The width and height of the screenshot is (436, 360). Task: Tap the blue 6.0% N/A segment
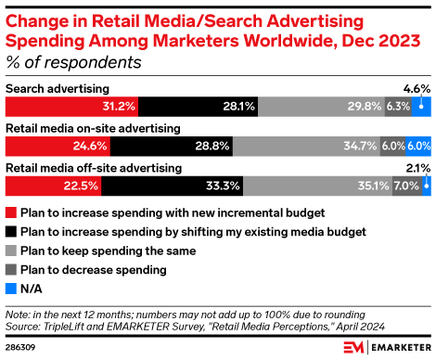pyautogui.click(x=418, y=147)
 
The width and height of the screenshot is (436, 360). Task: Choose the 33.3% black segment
pyautogui.click(x=173, y=186)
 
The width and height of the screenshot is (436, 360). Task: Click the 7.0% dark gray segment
pyautogui.click(x=406, y=186)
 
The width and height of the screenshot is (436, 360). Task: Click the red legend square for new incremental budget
pyautogui.click(x=10, y=211)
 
